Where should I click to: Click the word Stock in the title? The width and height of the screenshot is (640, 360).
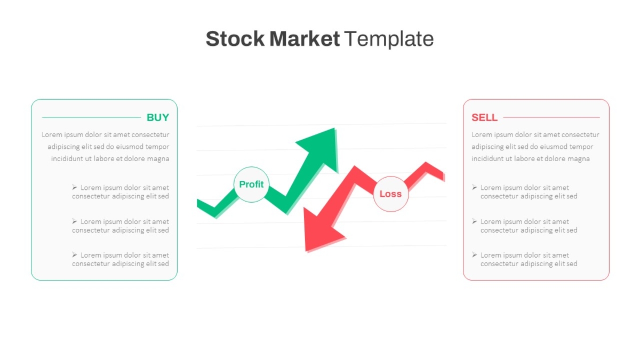235,38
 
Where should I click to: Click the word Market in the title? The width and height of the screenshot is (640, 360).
305,38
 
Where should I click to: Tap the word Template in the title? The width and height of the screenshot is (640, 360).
389,39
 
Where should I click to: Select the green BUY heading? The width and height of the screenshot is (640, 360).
158,117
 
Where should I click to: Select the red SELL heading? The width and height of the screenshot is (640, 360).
484,117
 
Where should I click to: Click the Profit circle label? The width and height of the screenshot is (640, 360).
251,185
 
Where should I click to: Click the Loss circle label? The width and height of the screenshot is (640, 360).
390,194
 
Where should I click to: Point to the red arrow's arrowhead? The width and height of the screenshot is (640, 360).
320,231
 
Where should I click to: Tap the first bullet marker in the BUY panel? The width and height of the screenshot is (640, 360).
74,187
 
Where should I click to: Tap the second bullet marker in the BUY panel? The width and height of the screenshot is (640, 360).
74,221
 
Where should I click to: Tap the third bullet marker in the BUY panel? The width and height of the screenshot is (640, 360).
74,255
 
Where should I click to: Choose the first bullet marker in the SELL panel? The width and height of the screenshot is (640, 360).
474,187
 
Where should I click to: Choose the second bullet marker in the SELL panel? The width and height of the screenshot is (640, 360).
474,221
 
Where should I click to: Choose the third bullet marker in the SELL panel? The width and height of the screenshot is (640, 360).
474,255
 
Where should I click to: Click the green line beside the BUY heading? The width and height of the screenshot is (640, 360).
91,117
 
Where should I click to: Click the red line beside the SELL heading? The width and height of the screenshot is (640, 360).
551,117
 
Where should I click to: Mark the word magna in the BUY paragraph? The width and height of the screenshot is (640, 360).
158,159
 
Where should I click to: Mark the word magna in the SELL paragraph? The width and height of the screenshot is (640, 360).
578,159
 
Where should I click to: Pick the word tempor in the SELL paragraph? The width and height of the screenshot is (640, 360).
581,147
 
